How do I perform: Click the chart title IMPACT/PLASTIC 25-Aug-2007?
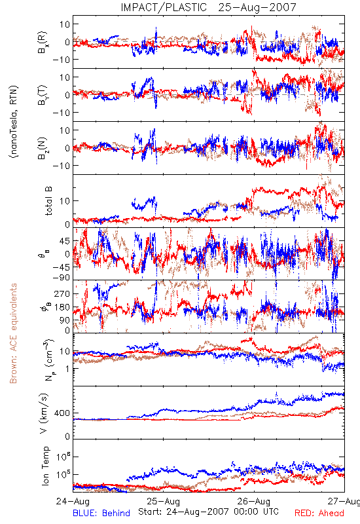pos(208,7)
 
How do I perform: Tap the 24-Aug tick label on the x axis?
pos(73,501)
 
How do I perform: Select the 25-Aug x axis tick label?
pos(163,501)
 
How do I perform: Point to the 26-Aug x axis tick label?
pos(254,501)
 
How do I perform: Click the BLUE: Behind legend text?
pos(101,514)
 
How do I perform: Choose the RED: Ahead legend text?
pos(319,514)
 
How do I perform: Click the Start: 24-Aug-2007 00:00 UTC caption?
pos(208,512)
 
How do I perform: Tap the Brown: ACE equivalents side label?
pos(13,333)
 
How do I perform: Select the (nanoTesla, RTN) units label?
pos(14,122)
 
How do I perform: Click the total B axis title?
pos(48,201)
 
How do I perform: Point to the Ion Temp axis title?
pos(45,466)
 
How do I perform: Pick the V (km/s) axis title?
pos(44,413)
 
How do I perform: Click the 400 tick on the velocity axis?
pos(62,413)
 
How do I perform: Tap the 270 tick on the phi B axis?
pos(62,293)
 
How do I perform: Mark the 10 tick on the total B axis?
pos(65,201)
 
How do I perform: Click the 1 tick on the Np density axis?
pos(67,369)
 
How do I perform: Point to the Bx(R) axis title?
pos(43,42)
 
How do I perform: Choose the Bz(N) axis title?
pos(43,148)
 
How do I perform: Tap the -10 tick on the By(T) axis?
pos(61,113)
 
